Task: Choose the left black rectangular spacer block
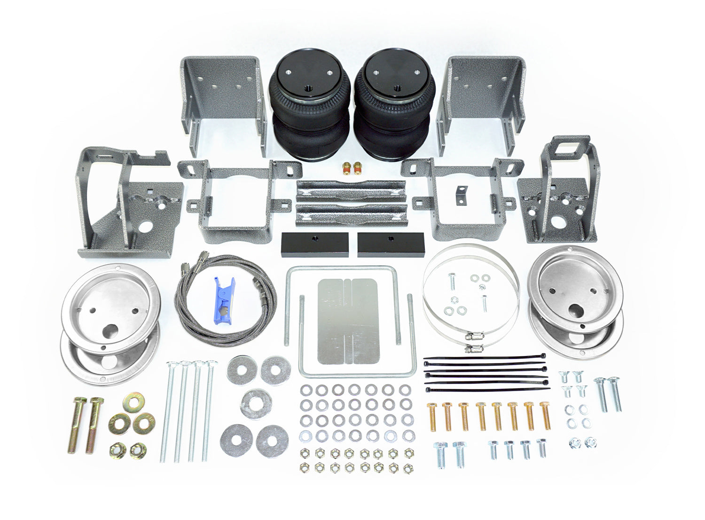click(315, 242)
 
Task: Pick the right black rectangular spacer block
click(390, 242)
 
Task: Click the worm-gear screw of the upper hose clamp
click(473, 337)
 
